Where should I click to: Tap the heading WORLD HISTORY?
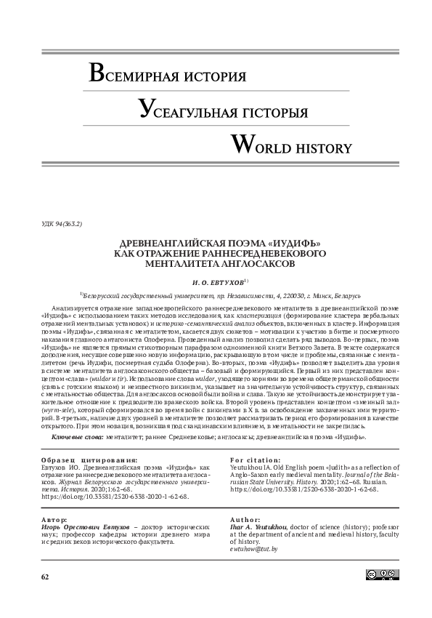[x=290, y=146]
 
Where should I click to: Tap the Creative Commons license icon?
[x=382, y=595]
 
